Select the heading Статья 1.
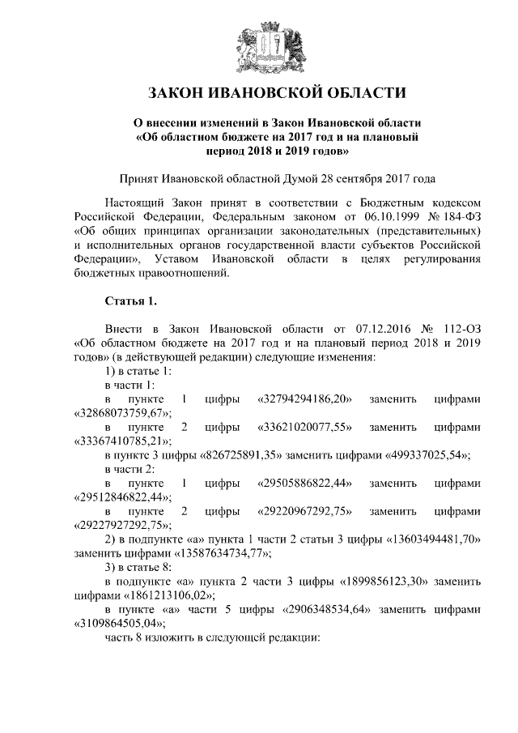[131, 302]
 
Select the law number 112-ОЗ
[461, 330]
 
